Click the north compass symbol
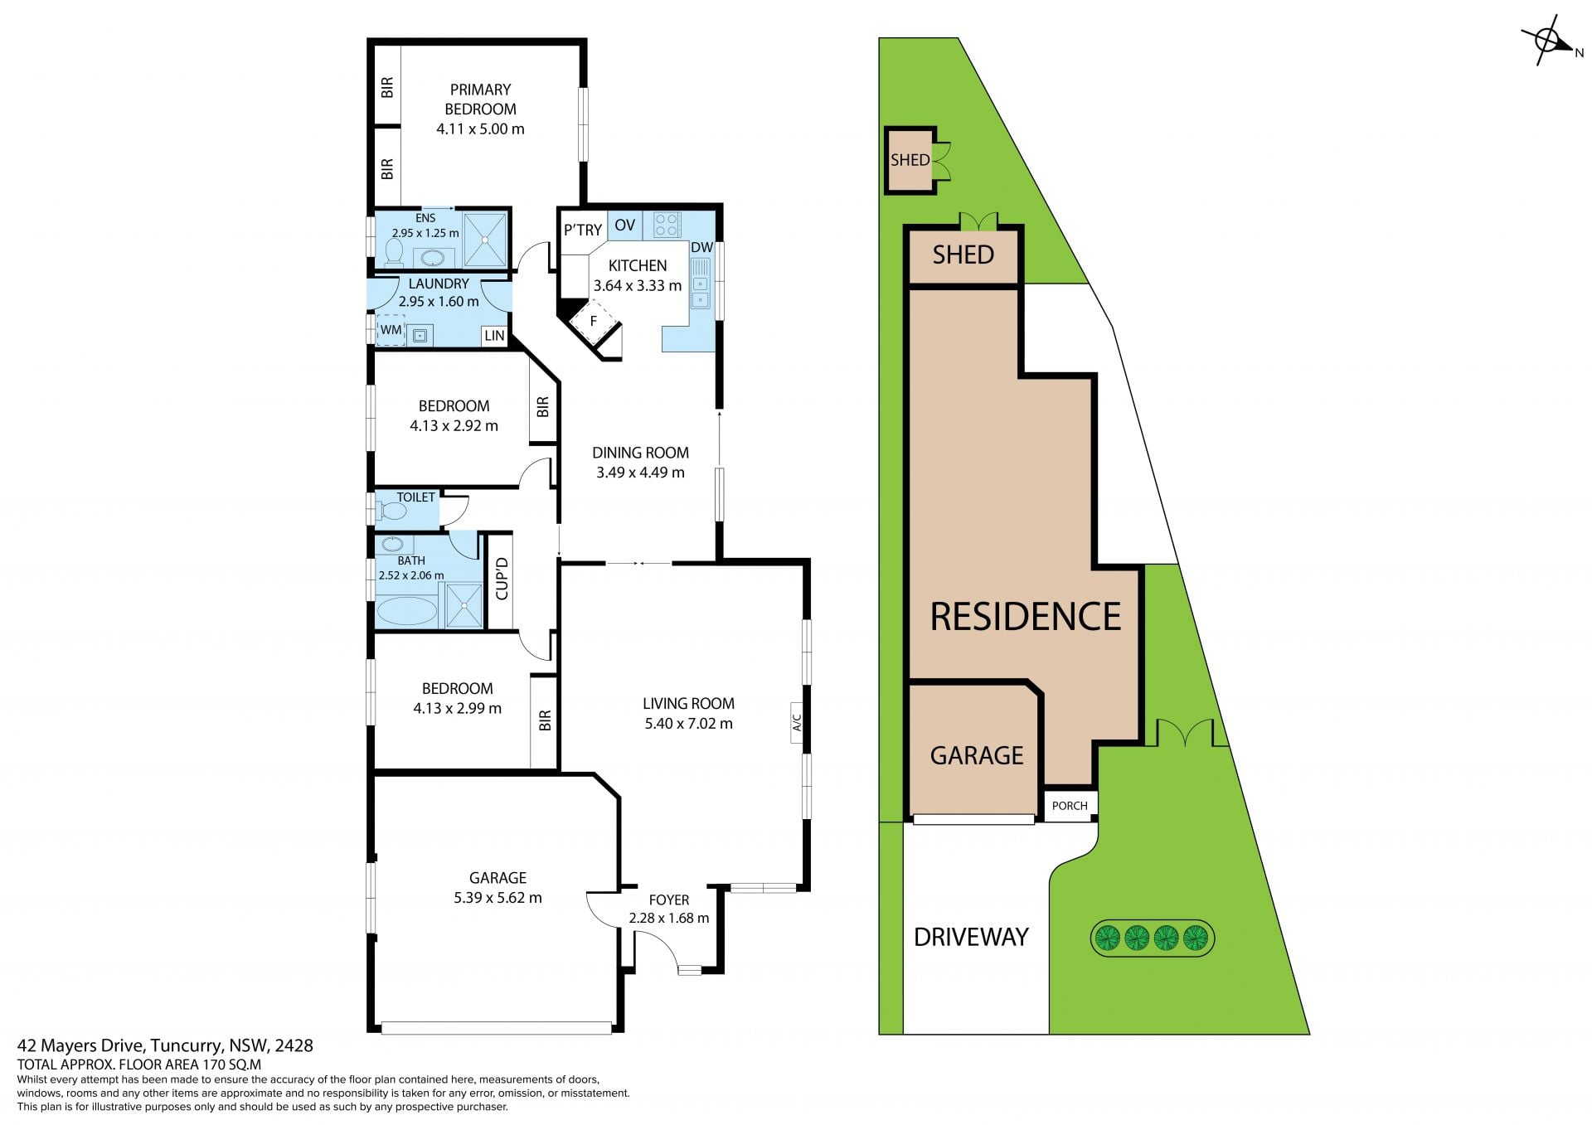tap(1547, 41)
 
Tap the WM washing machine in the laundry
tap(391, 330)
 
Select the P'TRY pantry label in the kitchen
tap(583, 230)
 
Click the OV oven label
tap(625, 225)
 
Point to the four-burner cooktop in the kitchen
tap(667, 225)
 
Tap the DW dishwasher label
tap(701, 247)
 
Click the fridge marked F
tap(594, 322)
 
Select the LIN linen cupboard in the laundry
tap(494, 336)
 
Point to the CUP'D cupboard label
tap(501, 579)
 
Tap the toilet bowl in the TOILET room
tap(391, 511)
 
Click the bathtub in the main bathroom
tap(406, 612)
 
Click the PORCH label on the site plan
tap(1070, 806)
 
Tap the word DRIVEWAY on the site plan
tap(971, 937)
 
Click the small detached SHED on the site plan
tap(910, 160)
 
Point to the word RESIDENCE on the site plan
tap(1026, 616)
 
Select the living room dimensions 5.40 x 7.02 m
tap(688, 723)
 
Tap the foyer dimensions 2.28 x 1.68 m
tap(669, 918)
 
